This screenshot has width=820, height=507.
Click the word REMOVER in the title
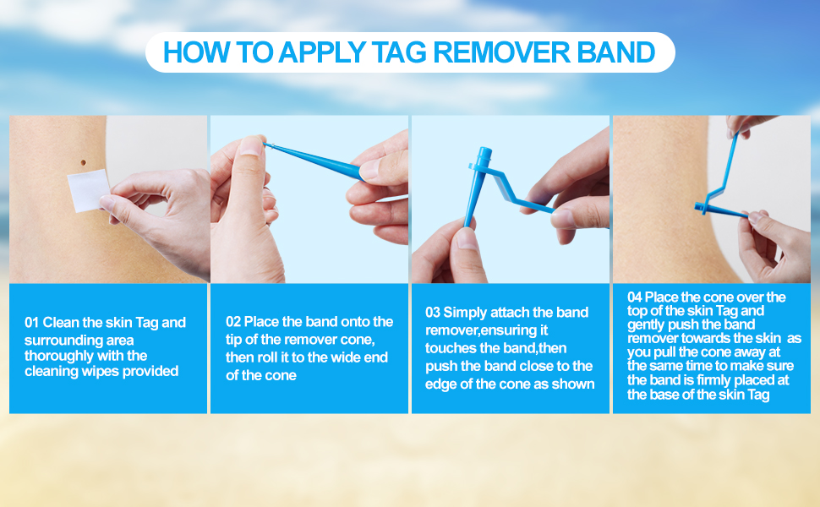(x=501, y=52)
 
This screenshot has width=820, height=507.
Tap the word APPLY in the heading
(x=321, y=52)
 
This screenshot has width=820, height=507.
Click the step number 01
(x=31, y=323)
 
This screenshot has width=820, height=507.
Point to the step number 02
(x=233, y=321)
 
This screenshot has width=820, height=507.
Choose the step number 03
(x=433, y=313)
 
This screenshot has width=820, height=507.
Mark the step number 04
(x=634, y=297)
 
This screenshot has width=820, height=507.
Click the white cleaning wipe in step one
(x=89, y=190)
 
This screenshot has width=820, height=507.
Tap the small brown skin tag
(x=83, y=162)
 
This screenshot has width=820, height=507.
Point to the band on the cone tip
(x=266, y=144)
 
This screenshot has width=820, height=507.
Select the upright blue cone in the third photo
(x=477, y=186)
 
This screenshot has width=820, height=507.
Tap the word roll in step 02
(x=266, y=357)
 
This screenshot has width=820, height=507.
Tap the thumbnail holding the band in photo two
(x=252, y=146)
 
